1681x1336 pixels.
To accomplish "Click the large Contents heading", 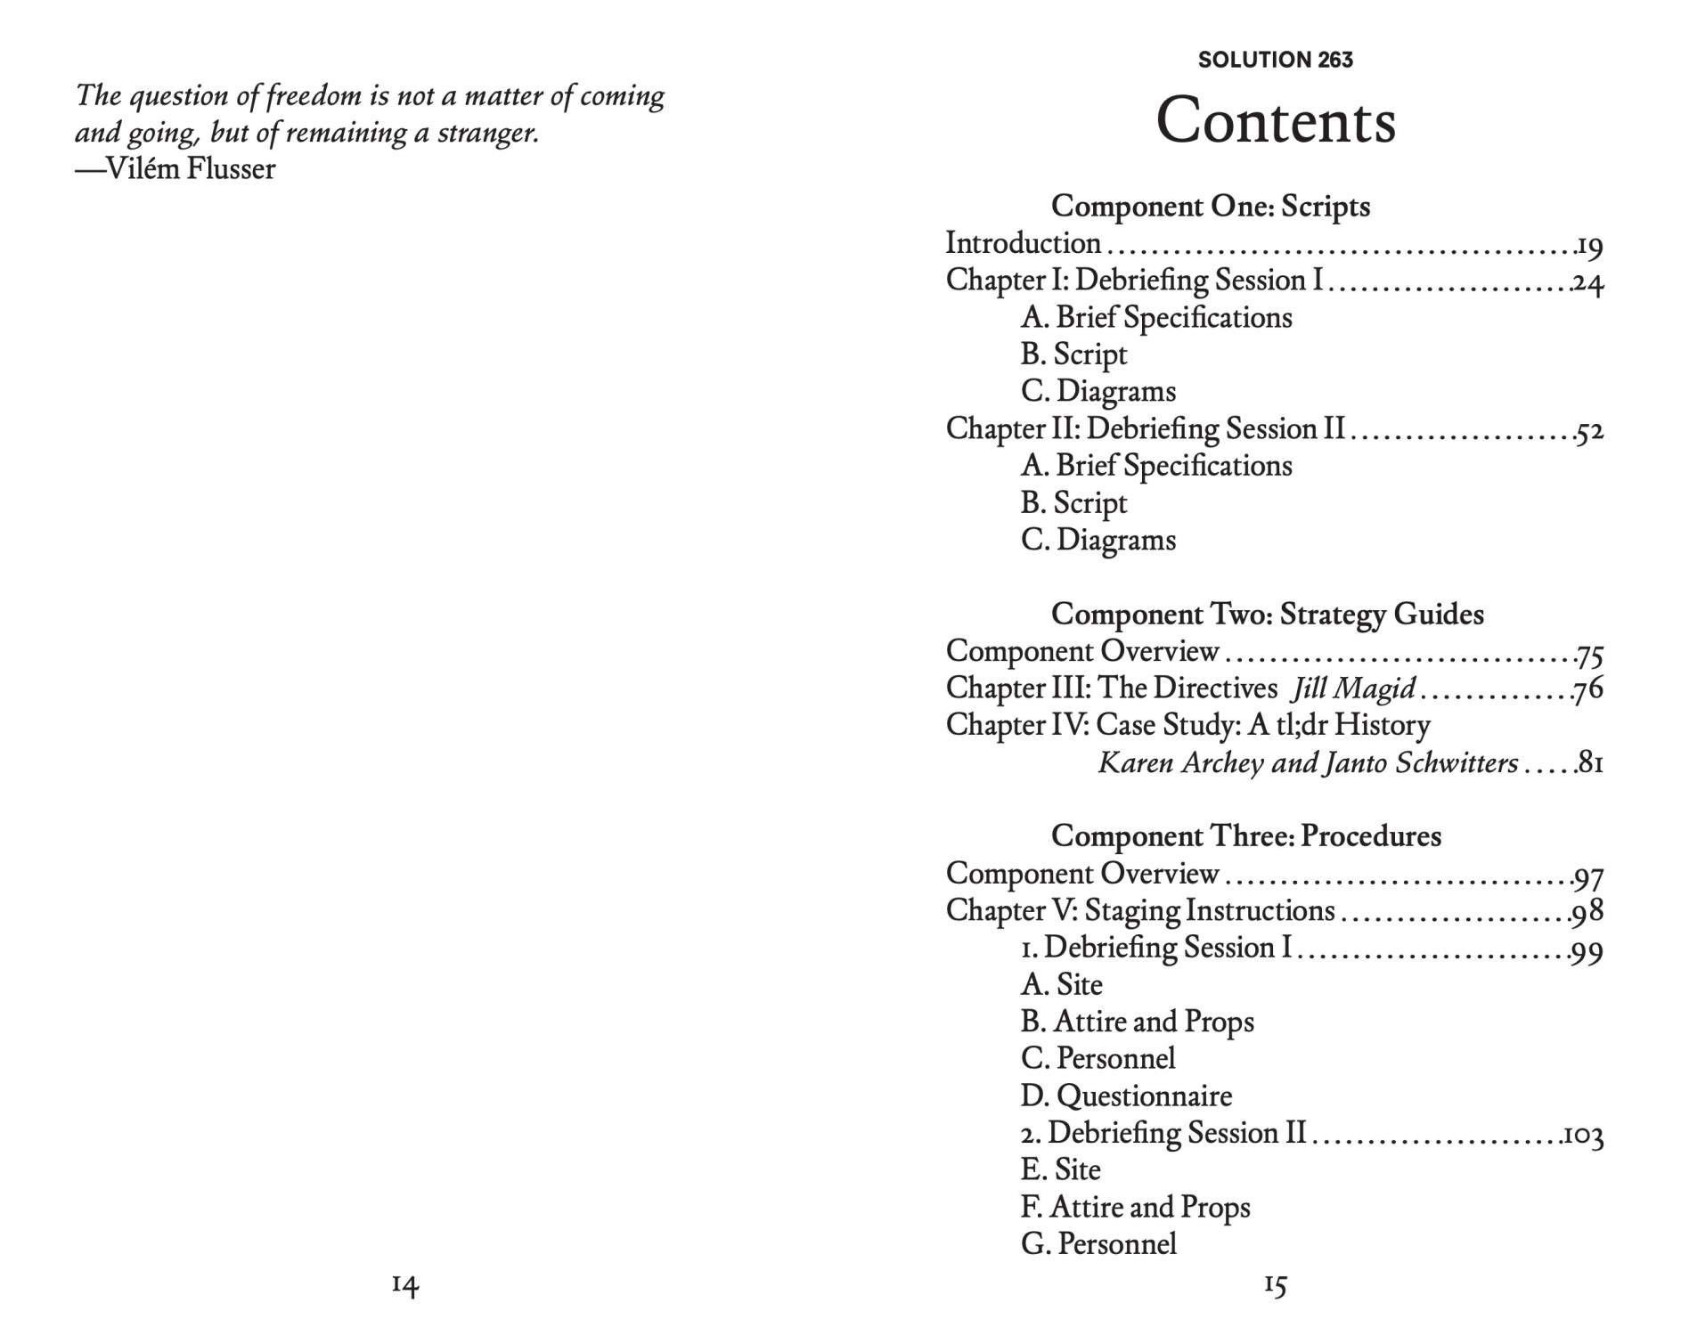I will pos(1275,120).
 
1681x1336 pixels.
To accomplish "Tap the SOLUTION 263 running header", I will pos(1275,60).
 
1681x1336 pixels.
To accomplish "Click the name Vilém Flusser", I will pos(190,168).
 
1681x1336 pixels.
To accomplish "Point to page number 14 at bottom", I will pos(404,1284).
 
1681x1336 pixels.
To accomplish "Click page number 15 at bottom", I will pos(1275,1284).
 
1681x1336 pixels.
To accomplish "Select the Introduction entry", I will pos(1023,243).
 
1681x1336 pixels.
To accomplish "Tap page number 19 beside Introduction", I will pos(1589,246).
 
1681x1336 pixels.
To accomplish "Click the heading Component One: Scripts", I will pos(1210,206).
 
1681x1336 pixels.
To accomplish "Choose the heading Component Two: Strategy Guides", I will pos(1267,614).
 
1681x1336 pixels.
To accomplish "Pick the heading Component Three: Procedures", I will pos(1245,835).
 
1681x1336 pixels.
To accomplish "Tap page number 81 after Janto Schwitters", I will pos(1590,763).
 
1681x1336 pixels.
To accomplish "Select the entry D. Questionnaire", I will pos(1126,1096).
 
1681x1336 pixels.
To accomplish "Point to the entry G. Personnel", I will pos(1098,1243).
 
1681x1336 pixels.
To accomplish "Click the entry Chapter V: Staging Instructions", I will pos(1139,910).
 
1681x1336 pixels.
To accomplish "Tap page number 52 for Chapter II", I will pos(1589,432).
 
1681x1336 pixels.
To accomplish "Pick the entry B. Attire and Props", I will pos(1137,1022).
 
